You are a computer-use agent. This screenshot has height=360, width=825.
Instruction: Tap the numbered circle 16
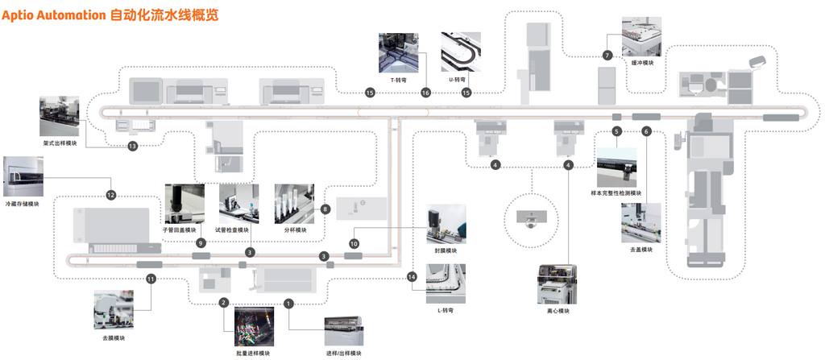[425, 93]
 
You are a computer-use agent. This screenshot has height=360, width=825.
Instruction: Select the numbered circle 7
[607, 56]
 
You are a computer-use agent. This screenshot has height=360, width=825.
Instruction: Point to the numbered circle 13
[132, 146]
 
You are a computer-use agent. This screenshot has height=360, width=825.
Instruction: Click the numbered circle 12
[111, 195]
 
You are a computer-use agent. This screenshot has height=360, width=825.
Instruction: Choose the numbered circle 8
[325, 209]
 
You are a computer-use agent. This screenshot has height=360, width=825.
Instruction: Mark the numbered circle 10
[354, 243]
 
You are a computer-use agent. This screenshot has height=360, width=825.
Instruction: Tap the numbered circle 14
[412, 277]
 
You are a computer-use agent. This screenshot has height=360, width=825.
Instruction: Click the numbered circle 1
[289, 304]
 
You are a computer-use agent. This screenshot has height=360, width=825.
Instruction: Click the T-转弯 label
[398, 81]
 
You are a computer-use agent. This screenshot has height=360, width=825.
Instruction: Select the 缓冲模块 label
[642, 62]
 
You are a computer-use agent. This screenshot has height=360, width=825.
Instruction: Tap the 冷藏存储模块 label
[22, 204]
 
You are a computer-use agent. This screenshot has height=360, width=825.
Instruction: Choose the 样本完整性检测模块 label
[616, 193]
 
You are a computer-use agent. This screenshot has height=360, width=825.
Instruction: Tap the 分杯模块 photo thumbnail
[294, 204]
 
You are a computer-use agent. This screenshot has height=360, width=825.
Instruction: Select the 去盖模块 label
[641, 249]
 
